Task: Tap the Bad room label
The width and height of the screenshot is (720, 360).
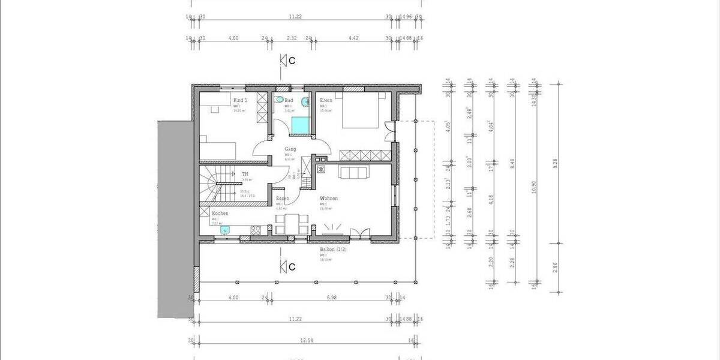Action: pyautogui.click(x=289, y=100)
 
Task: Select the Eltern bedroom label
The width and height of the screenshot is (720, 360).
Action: pyautogui.click(x=326, y=100)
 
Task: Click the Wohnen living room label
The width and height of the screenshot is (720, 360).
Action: pyautogui.click(x=329, y=198)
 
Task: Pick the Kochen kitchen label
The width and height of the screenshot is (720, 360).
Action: pyautogui.click(x=220, y=213)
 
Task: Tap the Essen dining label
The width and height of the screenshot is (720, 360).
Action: pyautogui.click(x=283, y=198)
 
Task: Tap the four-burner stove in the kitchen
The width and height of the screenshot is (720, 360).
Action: pyautogui.click(x=255, y=229)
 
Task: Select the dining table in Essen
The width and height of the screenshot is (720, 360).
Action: pyautogui.click(x=292, y=223)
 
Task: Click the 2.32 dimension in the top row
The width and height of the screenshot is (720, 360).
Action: pyautogui.click(x=291, y=38)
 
